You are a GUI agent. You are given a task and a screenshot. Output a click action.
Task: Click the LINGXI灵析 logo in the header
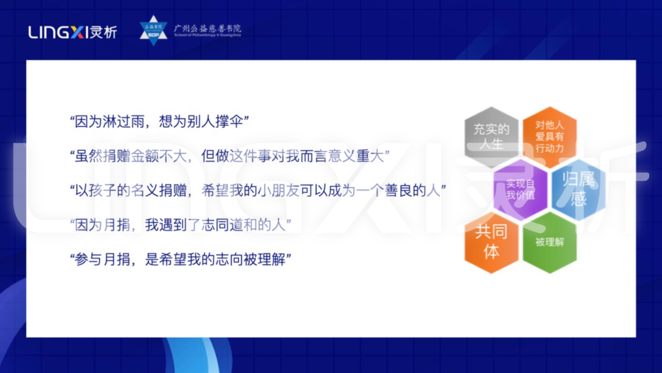click(x=72, y=32)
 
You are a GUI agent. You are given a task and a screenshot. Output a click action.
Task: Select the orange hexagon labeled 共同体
click(x=492, y=242)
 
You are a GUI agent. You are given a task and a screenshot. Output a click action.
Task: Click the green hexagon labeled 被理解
click(x=549, y=242)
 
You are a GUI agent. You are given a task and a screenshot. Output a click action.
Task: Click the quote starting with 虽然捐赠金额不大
click(x=230, y=156)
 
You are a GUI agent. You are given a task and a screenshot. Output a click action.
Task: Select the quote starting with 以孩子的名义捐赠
click(x=257, y=191)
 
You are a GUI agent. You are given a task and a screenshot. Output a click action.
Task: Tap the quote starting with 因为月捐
click(x=180, y=225)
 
